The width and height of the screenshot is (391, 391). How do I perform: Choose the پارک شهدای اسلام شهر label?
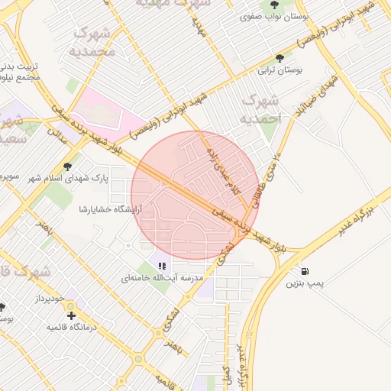[x=69, y=178]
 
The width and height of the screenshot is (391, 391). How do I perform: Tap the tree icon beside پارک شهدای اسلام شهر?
[x=67, y=166]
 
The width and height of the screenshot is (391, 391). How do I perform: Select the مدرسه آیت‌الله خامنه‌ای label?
[x=162, y=279]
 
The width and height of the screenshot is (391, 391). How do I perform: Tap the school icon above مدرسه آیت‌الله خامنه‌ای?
[x=162, y=266]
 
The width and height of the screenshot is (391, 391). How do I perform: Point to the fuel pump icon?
[x=305, y=270]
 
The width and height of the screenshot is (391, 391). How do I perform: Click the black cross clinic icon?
[x=71, y=315]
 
